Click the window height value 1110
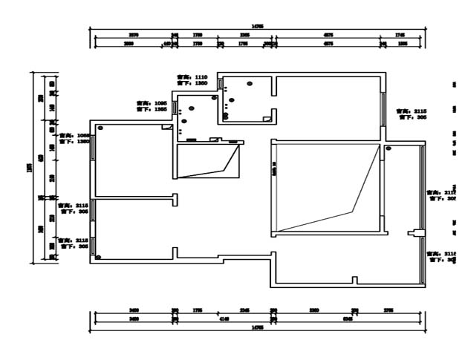[x=201, y=76]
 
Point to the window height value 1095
[x=160, y=103]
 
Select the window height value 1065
[x=84, y=135]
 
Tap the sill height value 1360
[x=201, y=83]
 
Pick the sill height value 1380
[x=84, y=140]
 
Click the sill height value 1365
[x=160, y=109]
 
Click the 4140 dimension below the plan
[x=224, y=318]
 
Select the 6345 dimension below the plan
[x=347, y=318]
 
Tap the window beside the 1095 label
[x=175, y=106]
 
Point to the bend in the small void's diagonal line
[x=225, y=169]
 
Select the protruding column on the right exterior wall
[x=416, y=235]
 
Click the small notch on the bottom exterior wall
[x=354, y=280]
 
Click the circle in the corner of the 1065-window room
[x=100, y=128]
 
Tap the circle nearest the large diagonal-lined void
[x=388, y=149]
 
